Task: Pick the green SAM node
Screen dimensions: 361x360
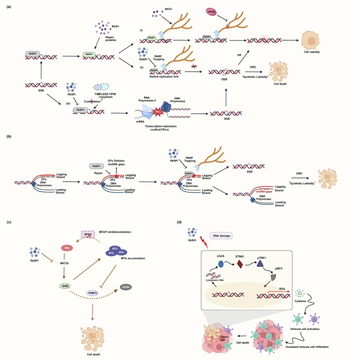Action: [66, 285]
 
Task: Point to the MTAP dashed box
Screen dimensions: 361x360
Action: [89, 235]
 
